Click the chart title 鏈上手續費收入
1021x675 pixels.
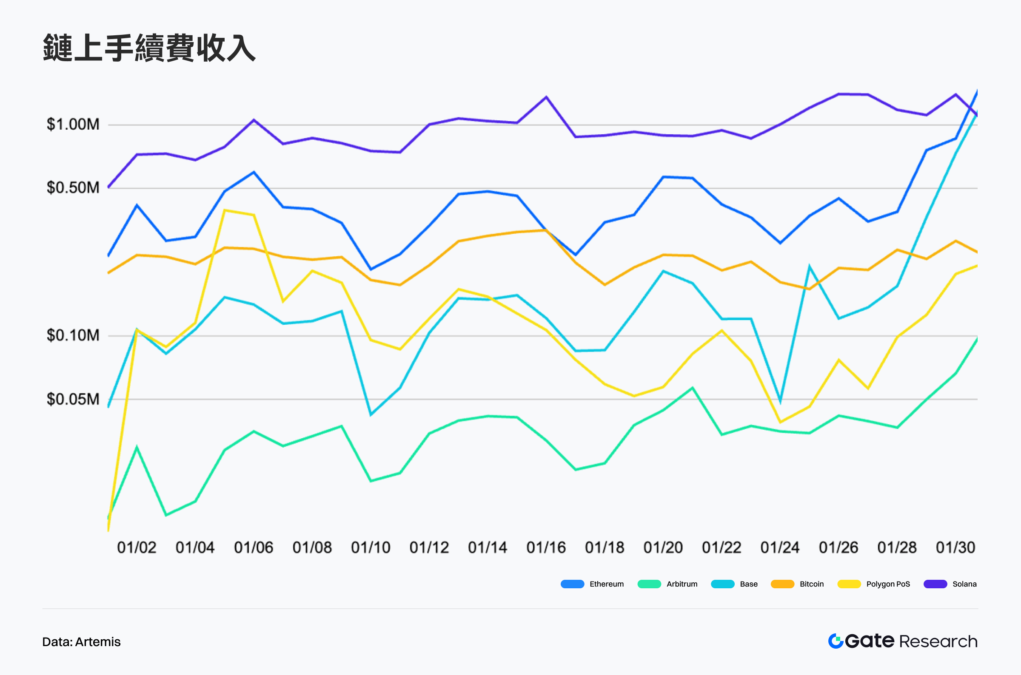click(x=149, y=48)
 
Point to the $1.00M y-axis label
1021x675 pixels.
click(x=73, y=125)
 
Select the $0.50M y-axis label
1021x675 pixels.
click(x=73, y=188)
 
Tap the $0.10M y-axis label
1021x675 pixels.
click(x=73, y=335)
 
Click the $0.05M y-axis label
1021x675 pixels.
click(x=73, y=399)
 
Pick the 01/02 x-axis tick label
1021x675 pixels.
click(x=137, y=547)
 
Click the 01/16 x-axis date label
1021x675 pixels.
click(x=546, y=547)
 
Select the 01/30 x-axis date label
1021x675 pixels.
click(x=955, y=547)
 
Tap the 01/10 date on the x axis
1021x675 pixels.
click(x=371, y=547)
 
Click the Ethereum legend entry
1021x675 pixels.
click(x=592, y=584)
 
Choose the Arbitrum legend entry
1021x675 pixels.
click(x=668, y=584)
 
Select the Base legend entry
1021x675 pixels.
click(x=735, y=584)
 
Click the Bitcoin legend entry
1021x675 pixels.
click(x=797, y=584)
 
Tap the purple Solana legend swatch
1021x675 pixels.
click(x=935, y=584)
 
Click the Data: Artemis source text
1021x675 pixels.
click(x=81, y=642)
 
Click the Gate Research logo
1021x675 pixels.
click(x=903, y=641)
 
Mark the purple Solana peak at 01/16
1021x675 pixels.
click(x=546, y=97)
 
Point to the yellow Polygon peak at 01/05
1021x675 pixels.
click(x=225, y=210)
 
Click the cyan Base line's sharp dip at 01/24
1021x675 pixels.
click(x=780, y=401)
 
